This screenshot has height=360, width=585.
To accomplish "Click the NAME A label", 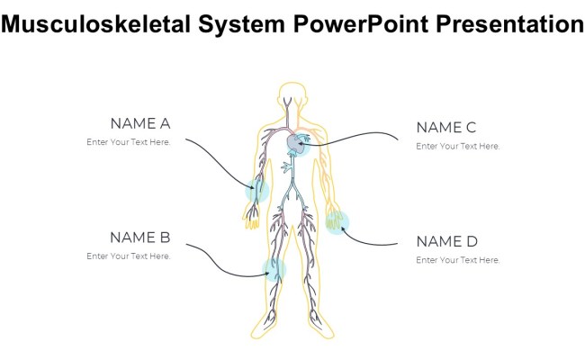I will click(x=139, y=123).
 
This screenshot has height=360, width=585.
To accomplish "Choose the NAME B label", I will click(x=139, y=238).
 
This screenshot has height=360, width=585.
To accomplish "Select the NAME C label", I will click(x=445, y=127).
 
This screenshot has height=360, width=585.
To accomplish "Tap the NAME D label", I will click(x=446, y=241).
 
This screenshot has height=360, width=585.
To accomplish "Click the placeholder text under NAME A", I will click(x=129, y=142).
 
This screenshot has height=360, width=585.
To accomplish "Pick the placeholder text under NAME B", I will click(x=129, y=256).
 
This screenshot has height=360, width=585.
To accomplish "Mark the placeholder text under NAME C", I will click(x=457, y=146).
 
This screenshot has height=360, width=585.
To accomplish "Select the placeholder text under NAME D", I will click(x=457, y=260).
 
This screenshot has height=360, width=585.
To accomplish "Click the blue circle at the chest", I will click(x=297, y=144).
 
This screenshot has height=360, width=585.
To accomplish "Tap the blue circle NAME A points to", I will click(x=258, y=190).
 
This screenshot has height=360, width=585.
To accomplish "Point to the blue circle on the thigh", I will click(x=274, y=268).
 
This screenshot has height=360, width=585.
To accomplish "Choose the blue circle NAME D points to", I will click(x=337, y=221).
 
